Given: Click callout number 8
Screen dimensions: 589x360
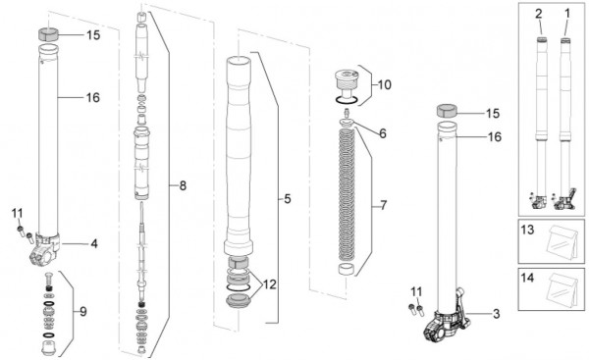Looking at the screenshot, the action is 183,185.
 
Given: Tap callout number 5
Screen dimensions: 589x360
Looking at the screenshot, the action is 288,198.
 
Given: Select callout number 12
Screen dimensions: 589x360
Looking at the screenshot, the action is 269,284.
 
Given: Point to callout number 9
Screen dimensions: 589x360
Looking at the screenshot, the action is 83,312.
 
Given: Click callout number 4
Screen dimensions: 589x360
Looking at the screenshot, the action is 94,244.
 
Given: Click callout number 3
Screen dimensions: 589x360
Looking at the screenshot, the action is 496,314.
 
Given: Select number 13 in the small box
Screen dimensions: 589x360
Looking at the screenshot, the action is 527,229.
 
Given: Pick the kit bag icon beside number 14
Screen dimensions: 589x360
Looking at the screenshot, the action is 562,289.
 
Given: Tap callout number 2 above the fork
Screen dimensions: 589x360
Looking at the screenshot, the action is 539,14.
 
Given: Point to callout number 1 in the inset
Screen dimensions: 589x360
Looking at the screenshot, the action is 567,14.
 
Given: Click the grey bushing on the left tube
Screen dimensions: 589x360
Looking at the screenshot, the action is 48,34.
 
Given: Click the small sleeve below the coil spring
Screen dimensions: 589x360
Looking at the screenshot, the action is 347,271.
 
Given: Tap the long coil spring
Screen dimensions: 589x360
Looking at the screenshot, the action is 347,194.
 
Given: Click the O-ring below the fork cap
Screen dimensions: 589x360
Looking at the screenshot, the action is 347,100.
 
